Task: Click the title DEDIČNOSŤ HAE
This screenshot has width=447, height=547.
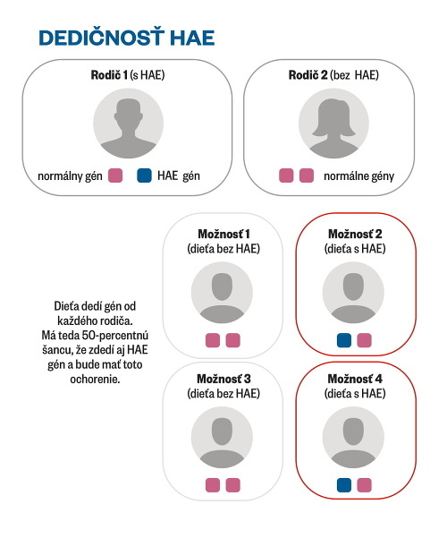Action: [126, 37]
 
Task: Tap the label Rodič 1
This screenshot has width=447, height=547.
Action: [109, 75]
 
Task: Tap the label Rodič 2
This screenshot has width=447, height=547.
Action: [308, 75]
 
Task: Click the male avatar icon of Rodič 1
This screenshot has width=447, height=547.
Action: [128, 124]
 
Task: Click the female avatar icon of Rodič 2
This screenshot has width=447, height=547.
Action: [333, 124]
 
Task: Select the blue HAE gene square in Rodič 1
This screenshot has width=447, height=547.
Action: [144, 175]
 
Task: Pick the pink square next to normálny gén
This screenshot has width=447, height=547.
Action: [115, 175]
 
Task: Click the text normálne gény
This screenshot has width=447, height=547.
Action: [358, 176]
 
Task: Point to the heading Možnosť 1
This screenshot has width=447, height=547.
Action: [223, 234]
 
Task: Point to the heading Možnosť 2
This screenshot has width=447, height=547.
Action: [355, 234]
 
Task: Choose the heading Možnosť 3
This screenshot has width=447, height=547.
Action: [223, 379]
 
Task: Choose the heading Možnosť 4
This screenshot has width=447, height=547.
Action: [355, 379]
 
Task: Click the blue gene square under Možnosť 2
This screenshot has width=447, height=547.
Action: [344, 340]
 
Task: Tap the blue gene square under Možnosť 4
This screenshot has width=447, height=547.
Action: [344, 485]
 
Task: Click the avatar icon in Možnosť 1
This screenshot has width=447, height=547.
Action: [222, 293]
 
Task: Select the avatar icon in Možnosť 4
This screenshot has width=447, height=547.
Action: [353, 438]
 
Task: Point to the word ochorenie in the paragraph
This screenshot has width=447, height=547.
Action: [95, 380]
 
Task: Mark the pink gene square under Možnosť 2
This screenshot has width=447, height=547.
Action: [365, 340]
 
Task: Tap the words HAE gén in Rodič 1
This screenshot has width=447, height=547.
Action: [179, 175]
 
